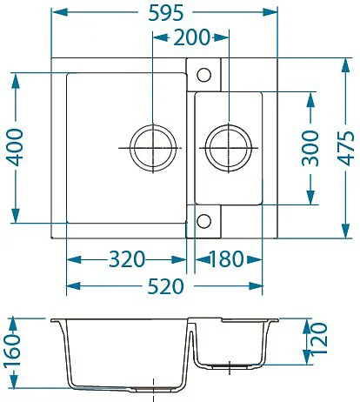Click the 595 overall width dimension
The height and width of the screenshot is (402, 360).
click(165, 13)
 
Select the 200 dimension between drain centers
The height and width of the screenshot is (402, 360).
click(191, 37)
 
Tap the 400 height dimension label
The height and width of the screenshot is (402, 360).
click(16, 148)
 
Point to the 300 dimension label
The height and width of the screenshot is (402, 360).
click(310, 148)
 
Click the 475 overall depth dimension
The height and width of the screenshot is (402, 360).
click(345, 148)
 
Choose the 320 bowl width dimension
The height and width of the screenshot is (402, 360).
click(127, 259)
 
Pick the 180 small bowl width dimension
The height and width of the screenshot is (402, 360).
click(226, 259)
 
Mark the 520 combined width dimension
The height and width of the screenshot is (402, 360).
click(165, 286)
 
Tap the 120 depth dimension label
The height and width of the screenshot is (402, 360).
click(318, 338)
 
